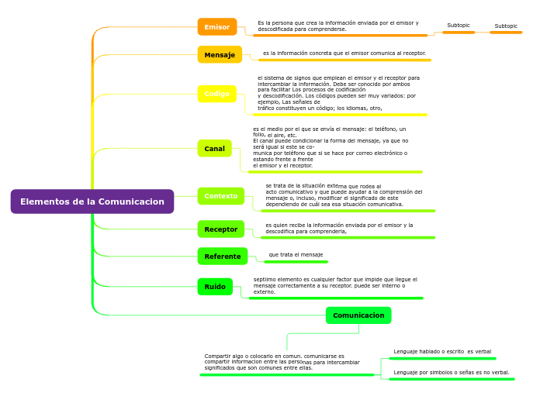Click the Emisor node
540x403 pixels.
(216, 27)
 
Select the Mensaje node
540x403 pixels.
(220, 55)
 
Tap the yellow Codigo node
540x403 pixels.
(216, 94)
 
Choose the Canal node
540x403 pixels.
(214, 149)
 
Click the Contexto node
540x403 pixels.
(220, 196)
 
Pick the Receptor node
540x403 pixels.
(220, 229)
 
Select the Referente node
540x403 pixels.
(222, 257)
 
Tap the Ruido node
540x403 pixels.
(215, 287)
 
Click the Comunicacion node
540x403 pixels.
(358, 315)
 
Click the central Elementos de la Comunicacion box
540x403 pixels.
(92, 201)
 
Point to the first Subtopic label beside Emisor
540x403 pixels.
(459, 26)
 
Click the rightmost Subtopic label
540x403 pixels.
(506, 26)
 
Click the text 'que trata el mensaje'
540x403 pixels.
(296, 255)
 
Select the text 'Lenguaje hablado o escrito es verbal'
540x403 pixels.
(442, 352)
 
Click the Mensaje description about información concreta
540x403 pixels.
(344, 53)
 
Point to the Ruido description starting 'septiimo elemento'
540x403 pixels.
(335, 285)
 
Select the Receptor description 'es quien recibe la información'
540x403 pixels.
(339, 228)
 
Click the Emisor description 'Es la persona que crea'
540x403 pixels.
(337, 26)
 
